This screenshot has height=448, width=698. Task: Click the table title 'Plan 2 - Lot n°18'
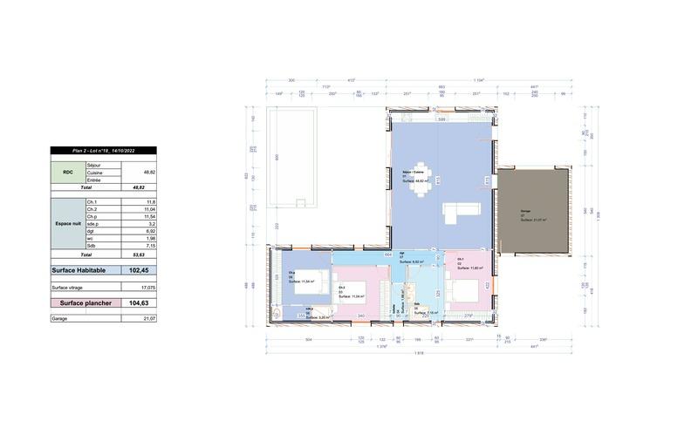[103, 151]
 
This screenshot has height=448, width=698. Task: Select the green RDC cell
[67, 172]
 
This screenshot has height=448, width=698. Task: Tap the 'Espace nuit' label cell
[67, 223]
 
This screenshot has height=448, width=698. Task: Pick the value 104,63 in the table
[138, 302]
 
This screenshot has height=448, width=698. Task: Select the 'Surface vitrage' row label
[69, 286]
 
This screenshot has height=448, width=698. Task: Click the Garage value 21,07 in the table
[147, 319]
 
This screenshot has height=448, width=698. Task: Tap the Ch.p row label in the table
[92, 217]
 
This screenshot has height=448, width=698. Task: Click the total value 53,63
[138, 255]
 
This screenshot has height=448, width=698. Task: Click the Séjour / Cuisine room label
[413, 173]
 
